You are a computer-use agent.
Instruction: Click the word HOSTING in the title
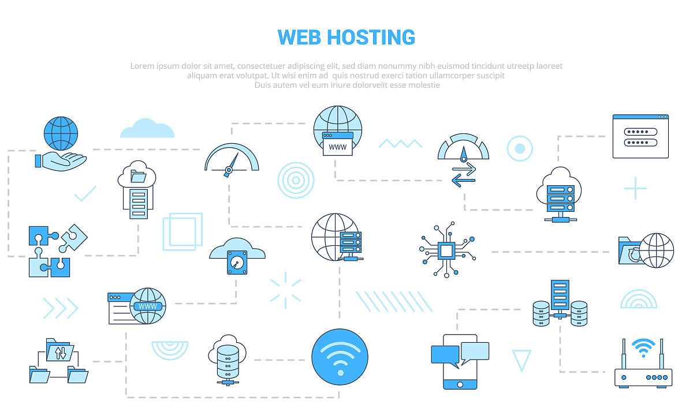point(371,37)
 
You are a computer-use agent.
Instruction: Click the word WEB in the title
point(300,37)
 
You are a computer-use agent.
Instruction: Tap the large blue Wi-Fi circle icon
point(340,357)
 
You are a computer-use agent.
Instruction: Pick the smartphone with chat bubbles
point(460,361)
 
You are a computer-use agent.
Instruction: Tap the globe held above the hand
point(61,133)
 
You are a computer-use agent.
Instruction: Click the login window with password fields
point(640,136)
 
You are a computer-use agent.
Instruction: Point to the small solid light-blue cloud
point(147,129)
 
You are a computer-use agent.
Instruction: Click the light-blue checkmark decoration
point(85,194)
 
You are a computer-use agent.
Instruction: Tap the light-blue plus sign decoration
point(635,189)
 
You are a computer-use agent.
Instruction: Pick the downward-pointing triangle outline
point(521,360)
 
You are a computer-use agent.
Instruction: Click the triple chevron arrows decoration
point(61,308)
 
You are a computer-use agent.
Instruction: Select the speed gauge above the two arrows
point(463,148)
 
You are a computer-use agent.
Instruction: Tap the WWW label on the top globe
point(338,147)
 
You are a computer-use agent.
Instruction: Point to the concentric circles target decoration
point(296,180)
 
